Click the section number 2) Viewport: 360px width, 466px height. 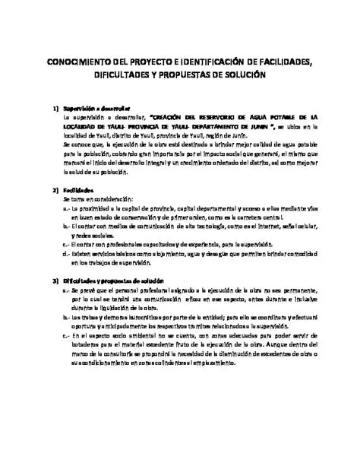pyautogui.click(x=54, y=189)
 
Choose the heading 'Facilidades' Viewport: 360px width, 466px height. pyautogui.click(x=78, y=189)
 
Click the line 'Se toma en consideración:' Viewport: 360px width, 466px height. pyautogui.click(x=96, y=198)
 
